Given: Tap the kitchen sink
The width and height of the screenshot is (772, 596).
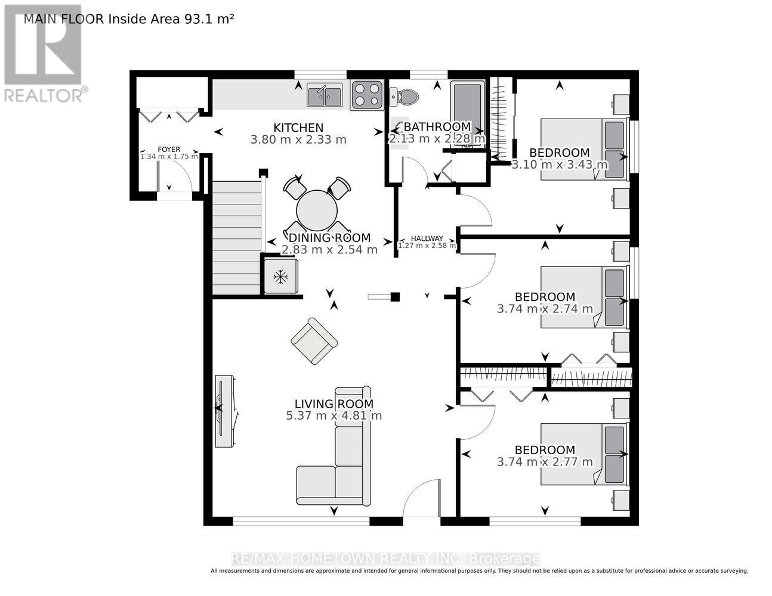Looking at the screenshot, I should click(325, 95).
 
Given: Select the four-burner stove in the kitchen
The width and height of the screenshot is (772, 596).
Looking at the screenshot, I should click(366, 95).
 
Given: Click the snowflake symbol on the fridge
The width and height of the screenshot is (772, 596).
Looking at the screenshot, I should click(280, 276).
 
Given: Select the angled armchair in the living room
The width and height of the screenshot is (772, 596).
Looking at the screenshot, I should click(314, 341).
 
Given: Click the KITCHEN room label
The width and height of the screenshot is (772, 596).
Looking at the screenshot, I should click(298, 128).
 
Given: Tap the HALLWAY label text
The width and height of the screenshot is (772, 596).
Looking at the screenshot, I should click(427, 238).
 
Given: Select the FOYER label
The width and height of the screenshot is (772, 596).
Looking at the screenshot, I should click(169, 150).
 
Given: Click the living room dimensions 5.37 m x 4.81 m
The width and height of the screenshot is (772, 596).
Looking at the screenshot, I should click(334, 416).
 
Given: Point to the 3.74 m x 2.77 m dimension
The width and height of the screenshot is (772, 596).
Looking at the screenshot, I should click(545, 462).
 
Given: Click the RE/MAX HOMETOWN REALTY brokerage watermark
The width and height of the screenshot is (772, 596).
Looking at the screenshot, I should click(385, 558).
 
